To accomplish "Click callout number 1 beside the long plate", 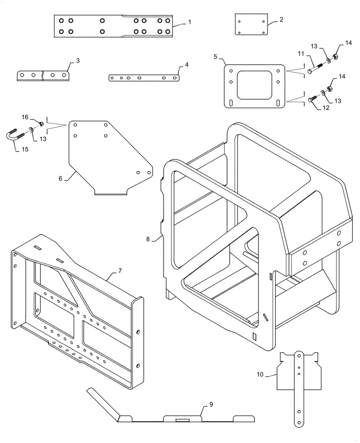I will coord(190,22).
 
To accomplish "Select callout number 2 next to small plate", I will coord(282,20).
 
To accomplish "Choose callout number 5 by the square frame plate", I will coord(215,57).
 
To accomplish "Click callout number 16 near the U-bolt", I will coord(26,117).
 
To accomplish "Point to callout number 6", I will coord(61,179).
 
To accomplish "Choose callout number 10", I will coord(260,374).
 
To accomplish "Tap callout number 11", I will coord(301,54).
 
